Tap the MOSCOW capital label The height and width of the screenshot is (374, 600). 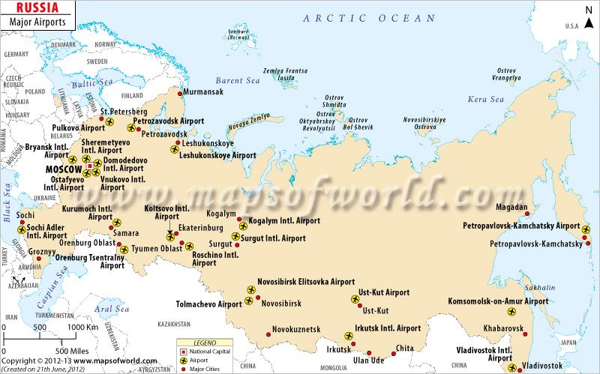(x=62, y=169)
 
